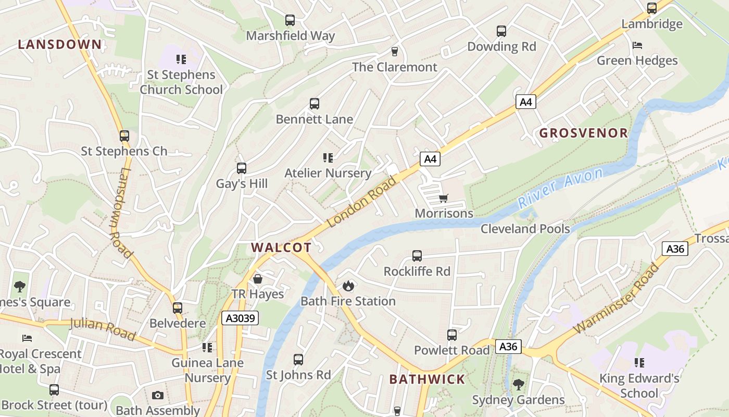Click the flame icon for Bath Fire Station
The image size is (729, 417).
pyautogui.click(x=348, y=286)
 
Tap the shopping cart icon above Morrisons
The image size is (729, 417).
pyautogui.click(x=443, y=198)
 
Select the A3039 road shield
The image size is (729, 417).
pyautogui.click(x=240, y=317)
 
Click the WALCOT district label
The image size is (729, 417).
pyautogui.click(x=281, y=248)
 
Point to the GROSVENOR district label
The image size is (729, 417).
pyautogui.click(x=584, y=133)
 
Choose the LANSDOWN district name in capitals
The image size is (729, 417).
pyautogui.click(x=60, y=44)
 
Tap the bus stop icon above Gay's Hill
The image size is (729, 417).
pyautogui.click(x=242, y=168)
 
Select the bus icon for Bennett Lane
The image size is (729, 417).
pyautogui.click(x=315, y=104)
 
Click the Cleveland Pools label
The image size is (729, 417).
pyautogui.click(x=525, y=229)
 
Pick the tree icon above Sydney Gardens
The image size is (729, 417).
pyautogui.click(x=518, y=385)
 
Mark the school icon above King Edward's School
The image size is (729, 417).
pyautogui.click(x=639, y=363)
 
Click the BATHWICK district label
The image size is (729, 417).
pyautogui.click(x=427, y=379)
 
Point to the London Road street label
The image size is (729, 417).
pyautogui.click(x=362, y=202)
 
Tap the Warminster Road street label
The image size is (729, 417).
pyautogui.click(x=617, y=299)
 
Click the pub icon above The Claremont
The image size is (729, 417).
pyautogui.click(x=395, y=51)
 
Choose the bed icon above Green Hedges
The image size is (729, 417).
pyautogui.click(x=637, y=45)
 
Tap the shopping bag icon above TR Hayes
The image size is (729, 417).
pyautogui.click(x=258, y=279)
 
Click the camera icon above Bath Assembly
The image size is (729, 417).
pyautogui.click(x=158, y=395)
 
